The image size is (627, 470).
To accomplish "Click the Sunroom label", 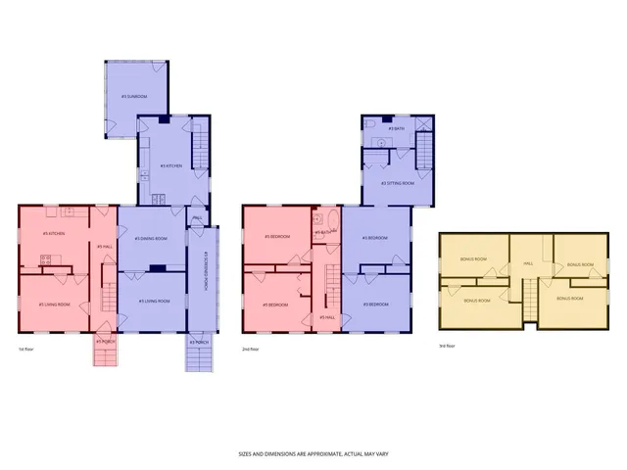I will click(134, 97).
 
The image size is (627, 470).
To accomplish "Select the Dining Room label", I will click(152, 239).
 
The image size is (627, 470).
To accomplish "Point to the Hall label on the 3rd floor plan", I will click(527, 262).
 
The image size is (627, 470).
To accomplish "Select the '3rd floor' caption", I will click(447, 344).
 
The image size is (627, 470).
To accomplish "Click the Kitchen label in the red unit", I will click(54, 233).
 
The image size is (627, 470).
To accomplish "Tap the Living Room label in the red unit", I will click(54, 305).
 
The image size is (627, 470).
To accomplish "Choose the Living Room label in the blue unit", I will click(153, 301).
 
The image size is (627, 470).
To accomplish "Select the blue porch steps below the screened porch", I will click(199, 353).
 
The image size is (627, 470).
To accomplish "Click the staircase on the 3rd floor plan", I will click(529, 298).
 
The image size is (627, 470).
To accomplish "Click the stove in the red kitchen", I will click(44, 259).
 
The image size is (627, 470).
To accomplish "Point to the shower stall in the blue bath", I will click(423, 124).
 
